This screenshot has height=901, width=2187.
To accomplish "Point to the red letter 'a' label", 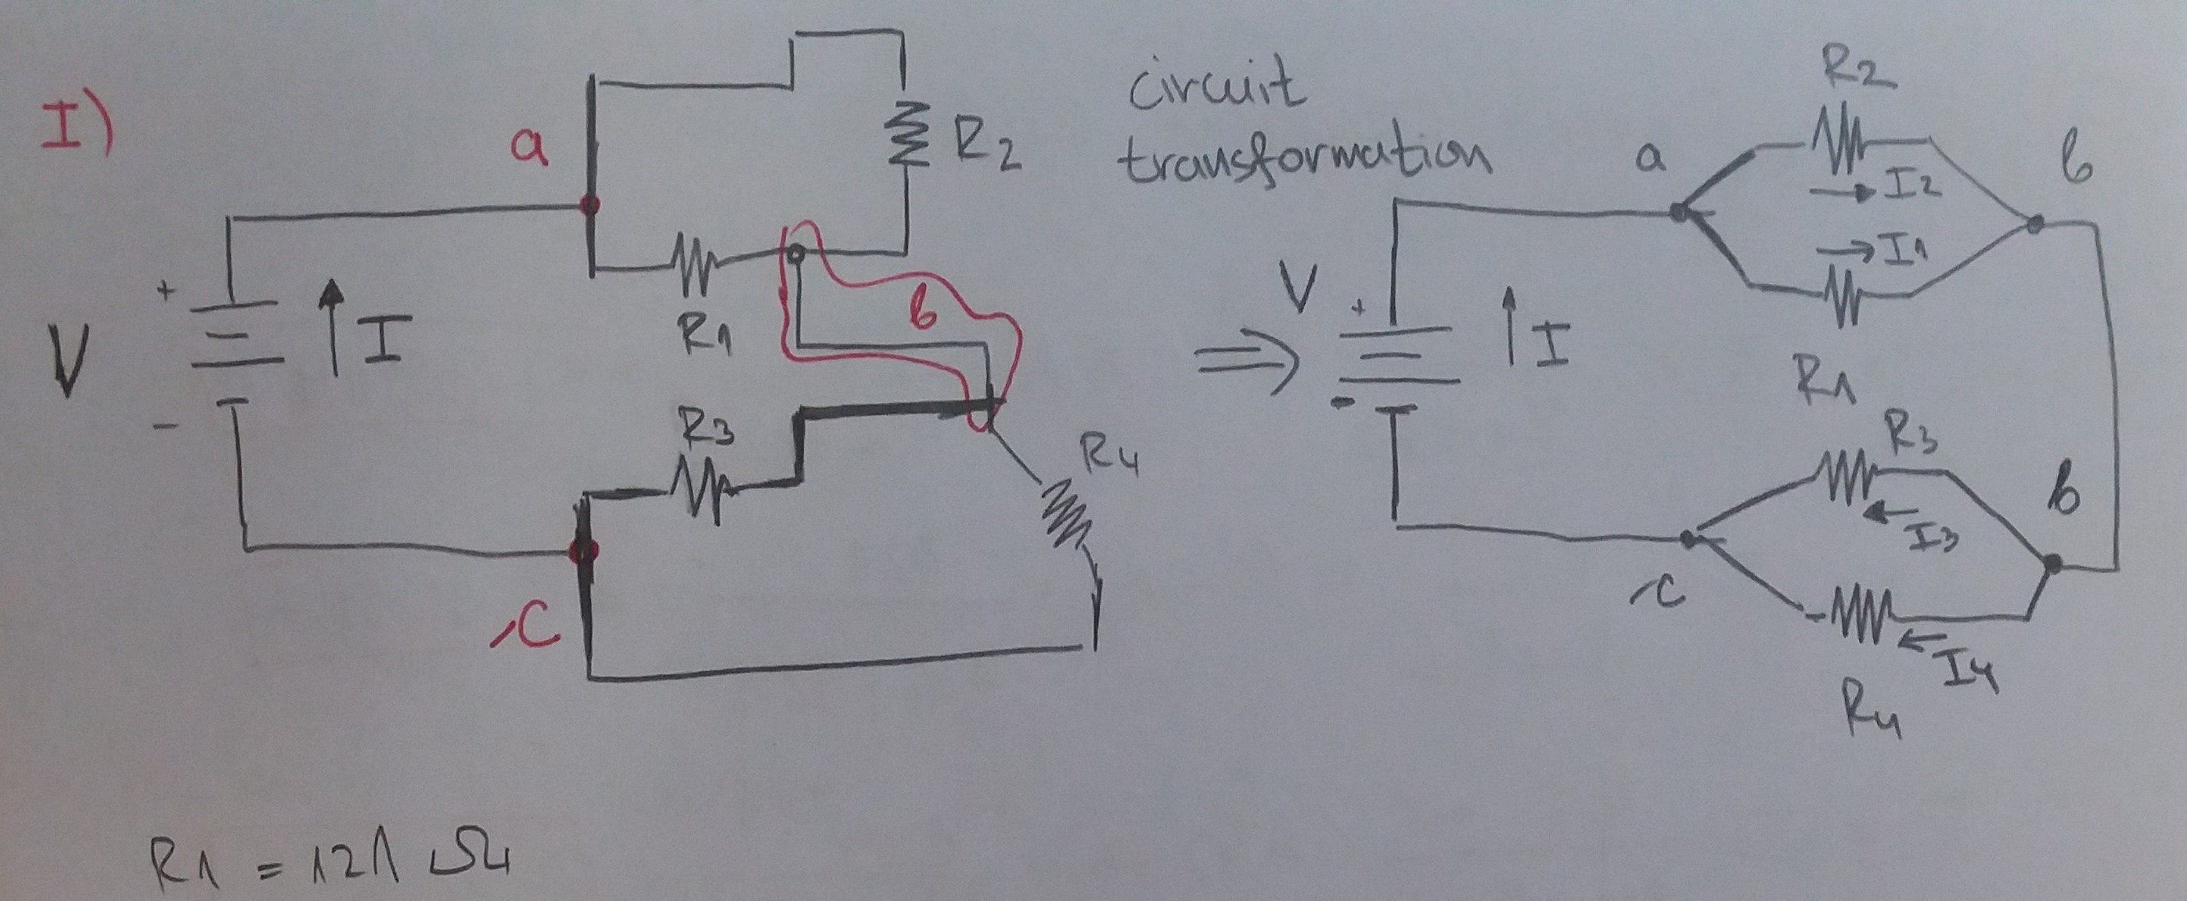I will pos(530,149).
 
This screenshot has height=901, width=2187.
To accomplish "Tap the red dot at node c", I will pos(585,551).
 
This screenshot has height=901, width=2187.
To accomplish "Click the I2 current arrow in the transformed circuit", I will pos(1843,194).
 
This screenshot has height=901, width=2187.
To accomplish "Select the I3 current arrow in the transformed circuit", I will pos(1889,511).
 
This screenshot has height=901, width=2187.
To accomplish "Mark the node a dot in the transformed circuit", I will pos(1677,212).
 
